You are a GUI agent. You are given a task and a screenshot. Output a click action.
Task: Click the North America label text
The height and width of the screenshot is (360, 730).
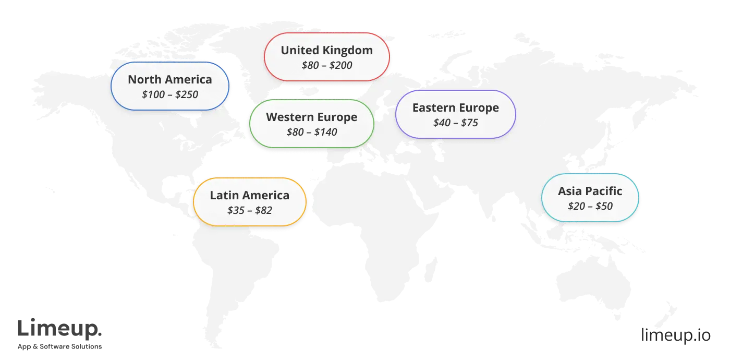click(170, 79)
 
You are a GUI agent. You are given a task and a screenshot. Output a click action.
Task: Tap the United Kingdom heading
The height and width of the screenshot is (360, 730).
click(327, 50)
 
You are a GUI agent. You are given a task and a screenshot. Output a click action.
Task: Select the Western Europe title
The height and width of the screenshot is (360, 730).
click(312, 117)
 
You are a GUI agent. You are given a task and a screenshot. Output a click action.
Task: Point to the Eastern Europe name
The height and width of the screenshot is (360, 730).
click(456, 107)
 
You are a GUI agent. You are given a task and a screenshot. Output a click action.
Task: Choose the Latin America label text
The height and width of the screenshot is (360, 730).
click(250, 195)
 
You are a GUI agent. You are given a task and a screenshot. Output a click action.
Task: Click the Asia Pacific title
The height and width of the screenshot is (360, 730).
click(590, 191)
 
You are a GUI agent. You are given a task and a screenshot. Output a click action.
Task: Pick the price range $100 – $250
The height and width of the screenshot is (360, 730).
click(170, 94)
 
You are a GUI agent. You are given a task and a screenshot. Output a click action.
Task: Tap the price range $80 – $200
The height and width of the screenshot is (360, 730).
click(327, 65)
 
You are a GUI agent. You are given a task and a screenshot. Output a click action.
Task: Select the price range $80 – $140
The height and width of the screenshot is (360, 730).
click(312, 132)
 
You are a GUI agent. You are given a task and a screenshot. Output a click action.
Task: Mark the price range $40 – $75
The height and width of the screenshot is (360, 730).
click(456, 123)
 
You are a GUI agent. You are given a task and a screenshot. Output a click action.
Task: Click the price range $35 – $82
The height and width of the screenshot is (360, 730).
click(250, 210)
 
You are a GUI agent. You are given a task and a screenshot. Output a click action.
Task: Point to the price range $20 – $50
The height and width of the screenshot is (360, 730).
click(590, 206)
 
